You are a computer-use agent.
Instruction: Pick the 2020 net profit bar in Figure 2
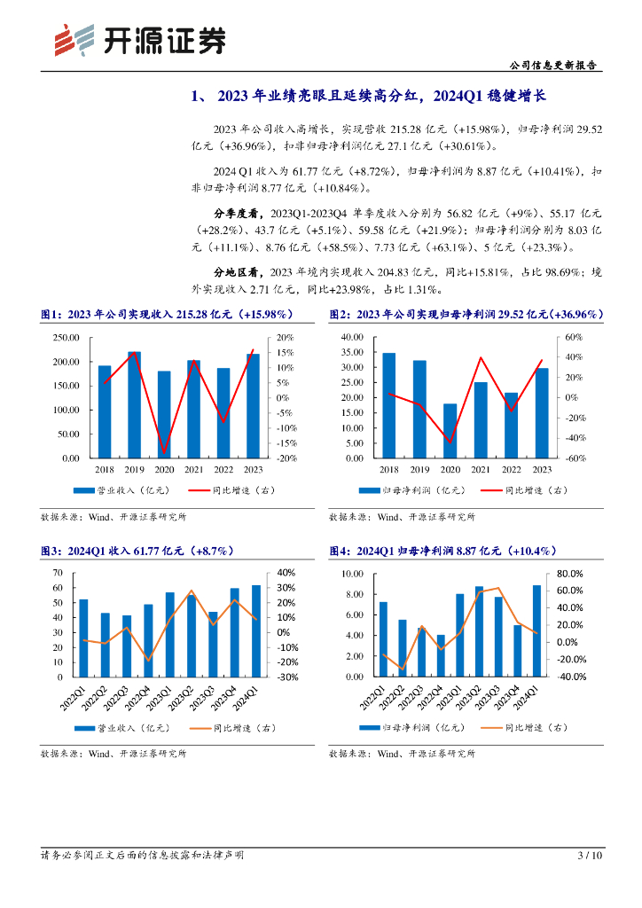tap(450, 431)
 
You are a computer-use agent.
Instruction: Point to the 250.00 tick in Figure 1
tap(66, 338)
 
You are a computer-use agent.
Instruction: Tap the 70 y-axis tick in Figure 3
tap(58, 573)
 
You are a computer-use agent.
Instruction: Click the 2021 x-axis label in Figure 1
tap(194, 470)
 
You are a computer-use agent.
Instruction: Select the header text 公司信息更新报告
tap(554, 66)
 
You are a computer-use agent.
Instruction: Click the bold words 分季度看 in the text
tap(236, 214)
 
